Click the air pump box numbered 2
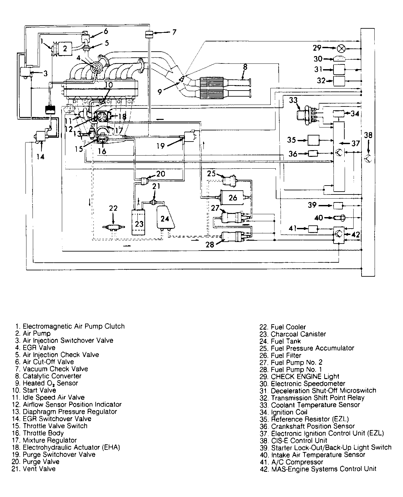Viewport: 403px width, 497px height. click(x=65, y=48)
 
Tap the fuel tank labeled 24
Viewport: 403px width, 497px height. click(x=165, y=217)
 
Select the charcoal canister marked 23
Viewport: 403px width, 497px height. click(x=138, y=222)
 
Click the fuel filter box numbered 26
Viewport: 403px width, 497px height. click(x=232, y=197)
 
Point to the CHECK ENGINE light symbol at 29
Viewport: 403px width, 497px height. click(x=341, y=48)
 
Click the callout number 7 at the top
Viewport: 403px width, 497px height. click(x=174, y=32)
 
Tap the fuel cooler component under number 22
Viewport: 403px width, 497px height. click(x=114, y=227)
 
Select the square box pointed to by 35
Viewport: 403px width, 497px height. click(x=313, y=140)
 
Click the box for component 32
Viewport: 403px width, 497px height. click(x=339, y=81)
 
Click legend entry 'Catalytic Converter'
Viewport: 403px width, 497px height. click(x=52, y=376)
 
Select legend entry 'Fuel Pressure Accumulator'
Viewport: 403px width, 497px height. click(x=312, y=348)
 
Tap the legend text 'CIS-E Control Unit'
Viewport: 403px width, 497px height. click(x=299, y=441)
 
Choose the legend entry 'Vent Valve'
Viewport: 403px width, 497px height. click(x=39, y=469)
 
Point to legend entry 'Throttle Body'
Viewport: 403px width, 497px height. click(x=43, y=433)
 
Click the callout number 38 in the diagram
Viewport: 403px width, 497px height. click(x=368, y=135)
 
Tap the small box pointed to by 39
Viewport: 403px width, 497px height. click(x=338, y=206)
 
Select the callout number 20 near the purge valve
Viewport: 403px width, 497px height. click(x=161, y=174)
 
